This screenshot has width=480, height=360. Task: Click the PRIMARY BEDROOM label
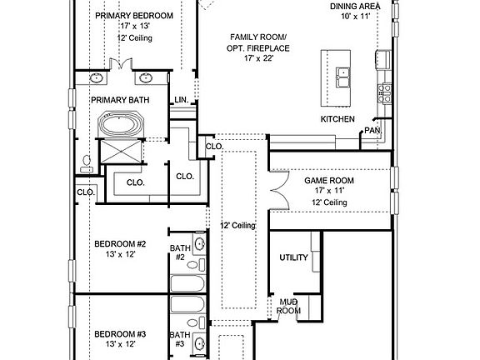[134, 16]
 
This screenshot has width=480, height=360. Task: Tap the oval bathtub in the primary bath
[121, 125]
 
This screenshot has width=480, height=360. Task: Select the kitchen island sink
[343, 77]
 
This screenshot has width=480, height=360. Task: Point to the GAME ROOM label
[329, 181]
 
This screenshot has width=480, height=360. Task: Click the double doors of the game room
[280, 190]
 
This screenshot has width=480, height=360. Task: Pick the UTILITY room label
[293, 257]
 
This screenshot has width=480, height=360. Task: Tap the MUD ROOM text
[288, 307]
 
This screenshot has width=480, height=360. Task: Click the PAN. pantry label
[372, 130]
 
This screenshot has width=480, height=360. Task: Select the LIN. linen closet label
[182, 100]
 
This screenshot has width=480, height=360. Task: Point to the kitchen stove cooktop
[384, 93]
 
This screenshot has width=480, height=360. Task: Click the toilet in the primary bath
[87, 164]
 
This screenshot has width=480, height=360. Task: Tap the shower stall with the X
[121, 151]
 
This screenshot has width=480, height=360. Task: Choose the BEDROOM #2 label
[120, 244]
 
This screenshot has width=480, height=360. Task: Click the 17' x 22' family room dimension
[258, 58]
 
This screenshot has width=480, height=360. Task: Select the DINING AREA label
[355, 7]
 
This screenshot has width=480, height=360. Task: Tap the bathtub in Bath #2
[187, 283]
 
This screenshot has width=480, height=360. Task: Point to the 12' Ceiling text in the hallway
[237, 226]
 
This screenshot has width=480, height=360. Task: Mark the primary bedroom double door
[121, 63]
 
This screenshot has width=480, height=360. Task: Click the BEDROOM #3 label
[120, 334]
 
